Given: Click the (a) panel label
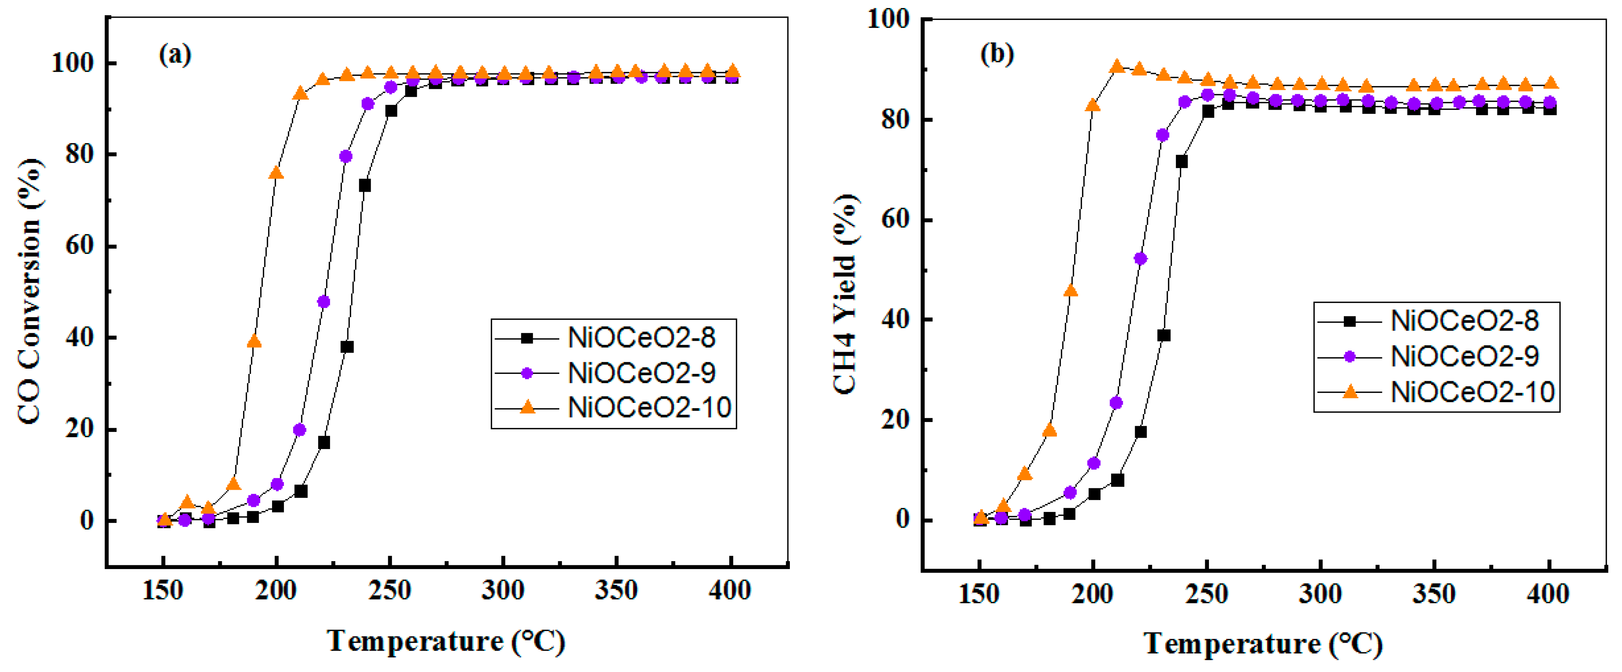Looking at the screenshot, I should tap(175, 55).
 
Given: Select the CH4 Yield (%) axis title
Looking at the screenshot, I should tap(845, 295).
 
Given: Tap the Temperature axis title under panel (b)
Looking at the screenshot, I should tap(1262, 644).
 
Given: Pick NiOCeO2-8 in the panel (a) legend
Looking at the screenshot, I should tap(641, 338).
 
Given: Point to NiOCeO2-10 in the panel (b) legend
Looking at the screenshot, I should tap(1473, 392).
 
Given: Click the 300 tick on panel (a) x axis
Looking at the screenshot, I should tap(503, 591).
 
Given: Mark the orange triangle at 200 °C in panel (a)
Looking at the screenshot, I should tap(276, 173).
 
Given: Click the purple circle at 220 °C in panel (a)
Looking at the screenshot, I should tap(323, 302).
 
